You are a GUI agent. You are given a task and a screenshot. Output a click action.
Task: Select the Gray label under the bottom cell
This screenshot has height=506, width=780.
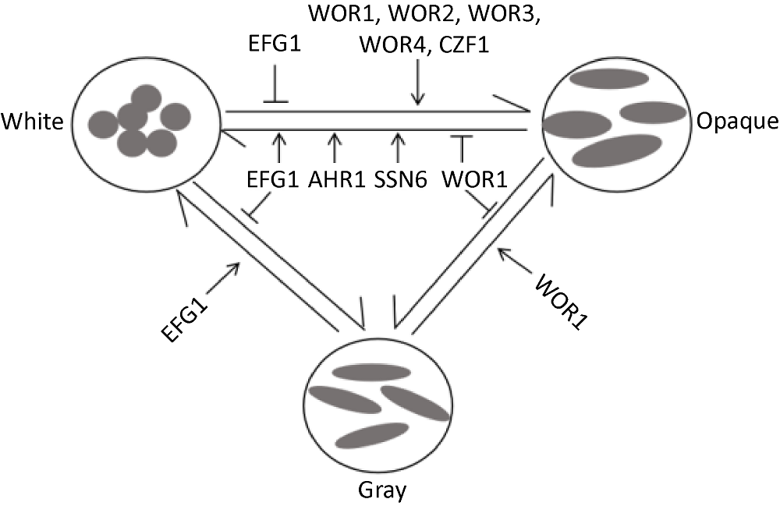pyautogui.click(x=378, y=490)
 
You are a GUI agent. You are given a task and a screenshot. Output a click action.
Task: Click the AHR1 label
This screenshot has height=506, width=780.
pyautogui.click(x=335, y=181)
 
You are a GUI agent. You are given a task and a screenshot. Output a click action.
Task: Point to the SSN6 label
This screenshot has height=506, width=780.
pyautogui.click(x=398, y=181)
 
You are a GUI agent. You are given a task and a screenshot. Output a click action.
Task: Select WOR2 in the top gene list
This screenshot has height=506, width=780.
pyautogui.click(x=431, y=16)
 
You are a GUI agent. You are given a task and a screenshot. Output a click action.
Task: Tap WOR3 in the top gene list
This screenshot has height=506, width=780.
pyautogui.click(x=514, y=16)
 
